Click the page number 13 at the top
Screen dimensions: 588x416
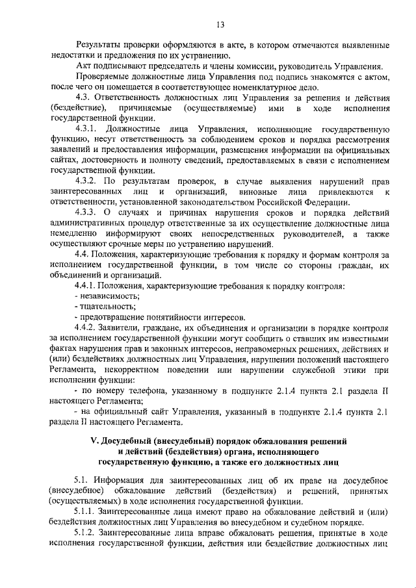tap(220, 25)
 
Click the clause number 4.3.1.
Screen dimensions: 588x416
tap(86, 129)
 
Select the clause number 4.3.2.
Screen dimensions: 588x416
tap(86, 181)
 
